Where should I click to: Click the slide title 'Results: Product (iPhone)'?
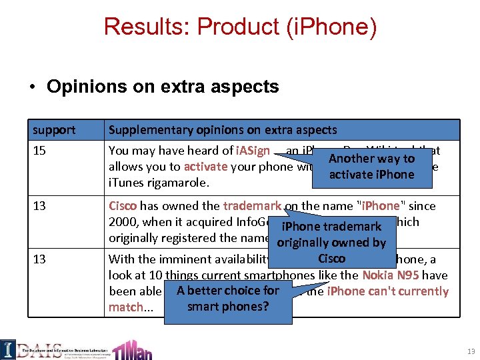240,27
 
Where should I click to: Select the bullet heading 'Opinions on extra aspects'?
163,87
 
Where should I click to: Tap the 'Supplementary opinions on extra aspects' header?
223,130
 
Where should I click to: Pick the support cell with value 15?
39,151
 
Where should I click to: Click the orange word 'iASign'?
253,151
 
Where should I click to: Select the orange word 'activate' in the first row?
206,167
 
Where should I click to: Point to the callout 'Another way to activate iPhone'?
371,167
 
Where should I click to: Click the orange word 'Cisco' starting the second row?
123,206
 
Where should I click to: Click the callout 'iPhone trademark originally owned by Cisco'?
331,241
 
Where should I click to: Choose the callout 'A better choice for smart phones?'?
228,299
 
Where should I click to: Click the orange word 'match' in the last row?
126,307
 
